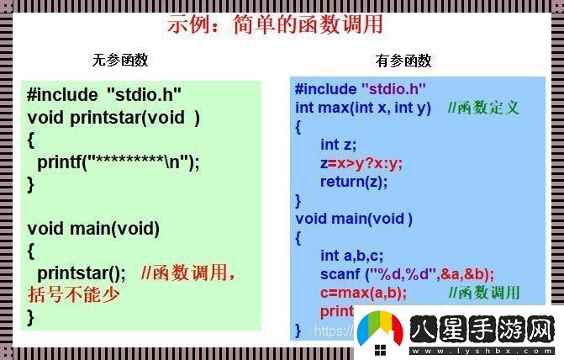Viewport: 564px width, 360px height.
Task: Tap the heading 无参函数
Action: (x=120, y=60)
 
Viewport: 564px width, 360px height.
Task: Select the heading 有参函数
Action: (x=403, y=60)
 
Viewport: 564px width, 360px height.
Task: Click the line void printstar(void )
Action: (x=113, y=118)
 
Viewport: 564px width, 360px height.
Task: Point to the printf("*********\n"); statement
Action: (x=119, y=162)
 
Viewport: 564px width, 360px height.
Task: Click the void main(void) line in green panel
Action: (x=93, y=228)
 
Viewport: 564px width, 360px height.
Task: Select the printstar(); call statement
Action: (x=81, y=273)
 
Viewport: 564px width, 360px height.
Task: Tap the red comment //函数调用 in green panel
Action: (x=188, y=273)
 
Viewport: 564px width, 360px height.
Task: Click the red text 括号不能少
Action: (x=73, y=294)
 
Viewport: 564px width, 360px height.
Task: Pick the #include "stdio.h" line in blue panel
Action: (x=361, y=88)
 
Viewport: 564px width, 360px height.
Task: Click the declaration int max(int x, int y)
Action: (x=363, y=108)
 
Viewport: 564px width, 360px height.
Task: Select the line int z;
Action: (x=338, y=145)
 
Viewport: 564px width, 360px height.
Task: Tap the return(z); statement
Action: (x=353, y=182)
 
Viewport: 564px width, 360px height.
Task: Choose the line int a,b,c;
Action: (x=351, y=256)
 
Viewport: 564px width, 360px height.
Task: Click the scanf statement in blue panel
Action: (x=406, y=274)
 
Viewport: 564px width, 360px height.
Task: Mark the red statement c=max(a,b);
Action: (x=362, y=293)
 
